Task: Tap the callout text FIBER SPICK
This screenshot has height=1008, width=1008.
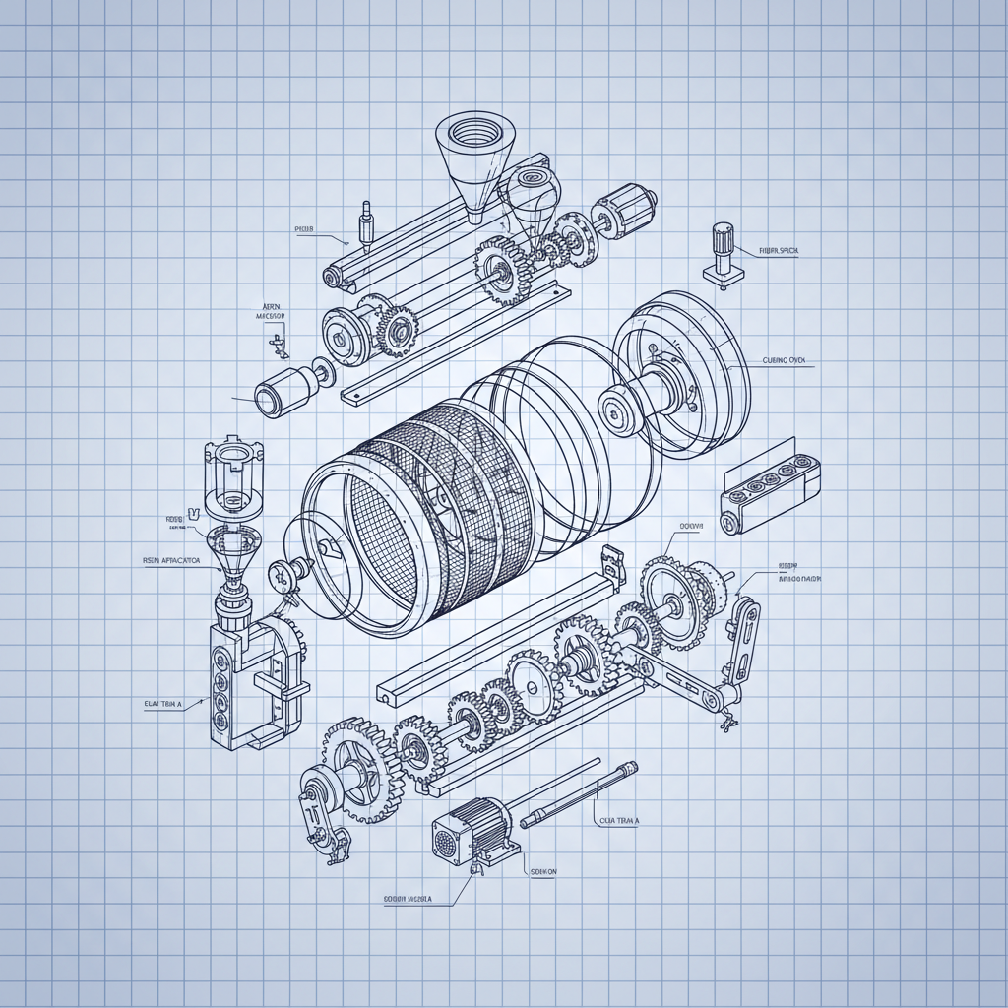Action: coord(779,251)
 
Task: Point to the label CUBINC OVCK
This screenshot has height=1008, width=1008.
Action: coord(784,361)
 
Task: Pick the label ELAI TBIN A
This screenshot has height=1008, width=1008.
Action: coord(162,704)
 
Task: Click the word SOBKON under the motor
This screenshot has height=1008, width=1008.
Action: coord(543,871)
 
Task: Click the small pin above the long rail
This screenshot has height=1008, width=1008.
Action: coord(367,224)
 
